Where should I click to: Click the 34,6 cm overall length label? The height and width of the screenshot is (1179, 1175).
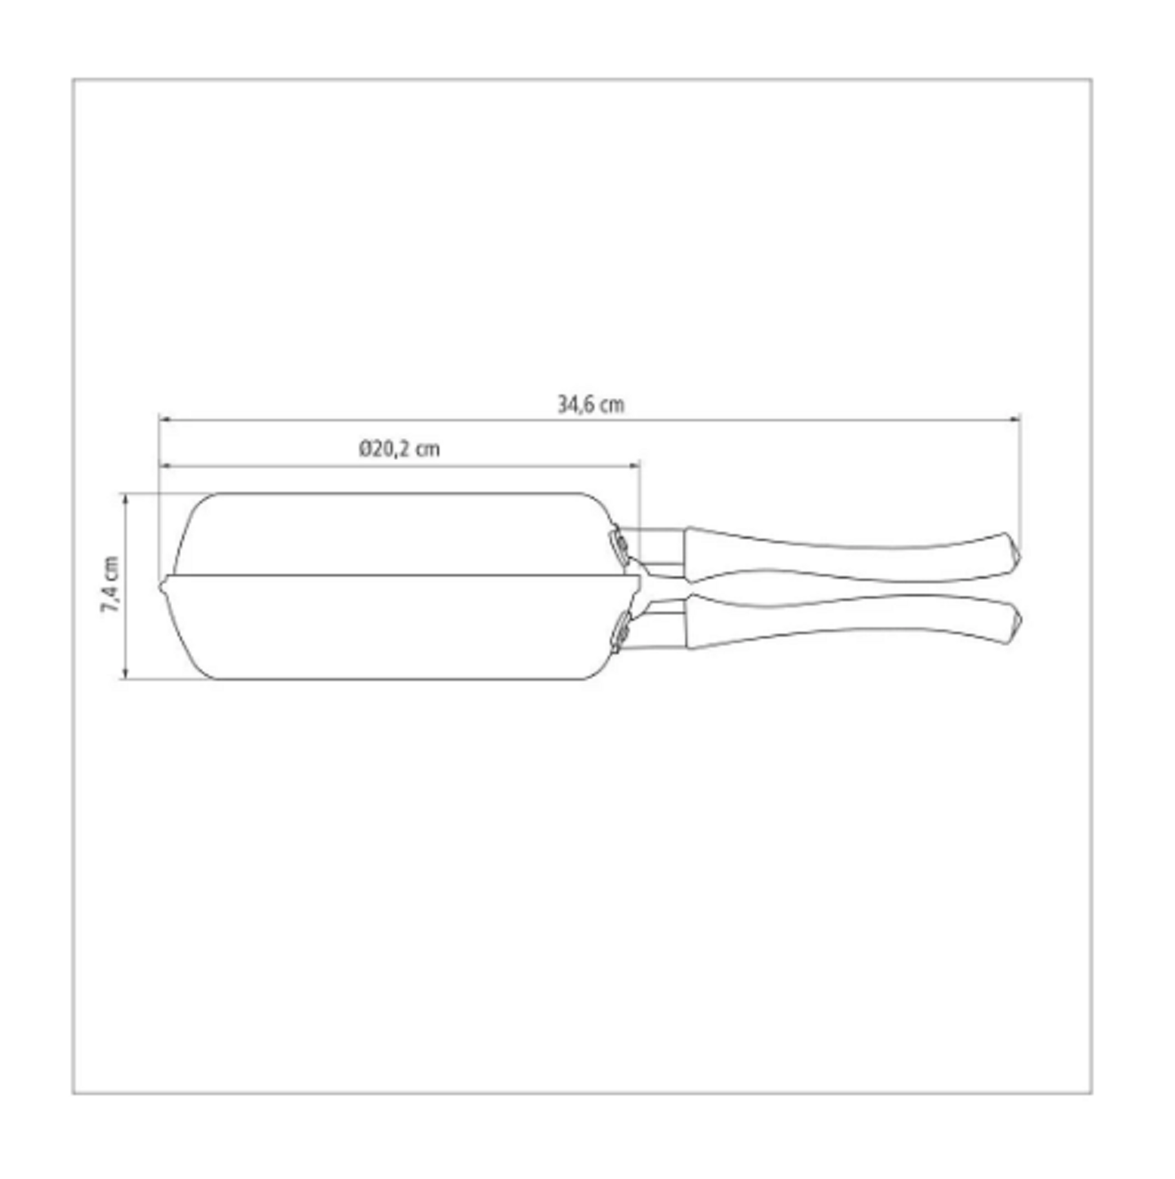click(x=591, y=405)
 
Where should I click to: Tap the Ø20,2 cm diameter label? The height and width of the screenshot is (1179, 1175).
click(x=399, y=449)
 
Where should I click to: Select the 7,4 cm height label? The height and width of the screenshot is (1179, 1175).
click(x=110, y=584)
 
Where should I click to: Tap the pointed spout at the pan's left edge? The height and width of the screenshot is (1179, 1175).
click(x=162, y=586)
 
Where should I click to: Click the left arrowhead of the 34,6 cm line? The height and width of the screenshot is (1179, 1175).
click(x=163, y=419)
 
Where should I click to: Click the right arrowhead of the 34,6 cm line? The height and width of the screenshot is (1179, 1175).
click(x=1015, y=419)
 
